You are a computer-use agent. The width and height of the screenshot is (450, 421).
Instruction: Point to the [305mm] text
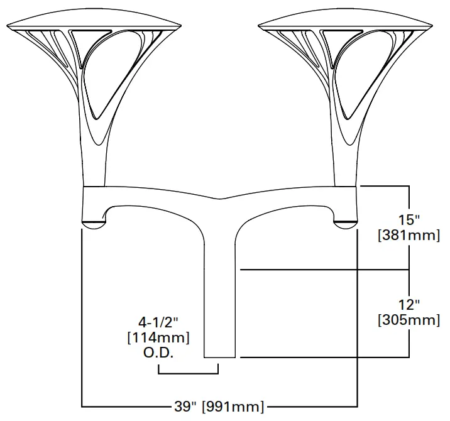(409, 320)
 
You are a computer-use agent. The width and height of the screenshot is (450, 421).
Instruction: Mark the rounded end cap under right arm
(345, 224)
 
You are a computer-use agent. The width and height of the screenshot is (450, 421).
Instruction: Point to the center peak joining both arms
(220, 199)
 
